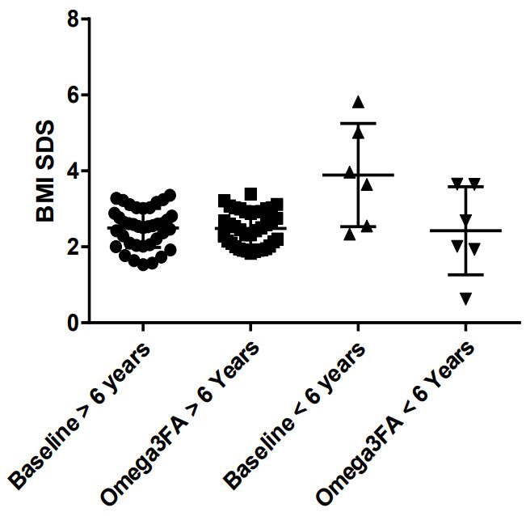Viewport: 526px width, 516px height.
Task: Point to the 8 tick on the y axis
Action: click(x=74, y=19)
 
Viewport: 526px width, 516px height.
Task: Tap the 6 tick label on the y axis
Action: click(x=74, y=95)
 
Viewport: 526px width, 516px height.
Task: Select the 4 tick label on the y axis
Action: click(x=74, y=171)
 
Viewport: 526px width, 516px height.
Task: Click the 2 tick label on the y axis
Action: click(x=74, y=247)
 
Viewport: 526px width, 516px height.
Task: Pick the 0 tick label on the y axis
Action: click(x=74, y=323)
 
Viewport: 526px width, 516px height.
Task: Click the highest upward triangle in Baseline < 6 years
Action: click(x=358, y=102)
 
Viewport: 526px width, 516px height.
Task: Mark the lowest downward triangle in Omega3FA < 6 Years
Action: click(x=465, y=299)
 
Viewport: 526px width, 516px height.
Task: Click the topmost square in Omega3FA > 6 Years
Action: click(x=250, y=193)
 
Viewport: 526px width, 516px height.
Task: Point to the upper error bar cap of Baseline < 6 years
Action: click(x=358, y=123)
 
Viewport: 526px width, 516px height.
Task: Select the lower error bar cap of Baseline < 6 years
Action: click(x=358, y=226)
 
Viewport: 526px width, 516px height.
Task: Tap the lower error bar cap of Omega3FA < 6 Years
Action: click(x=465, y=275)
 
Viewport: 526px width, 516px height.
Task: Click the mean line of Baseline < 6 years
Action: click(x=358, y=175)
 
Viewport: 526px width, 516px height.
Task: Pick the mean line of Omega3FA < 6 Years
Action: click(x=465, y=231)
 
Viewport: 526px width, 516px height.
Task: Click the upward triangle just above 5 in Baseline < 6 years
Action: click(x=358, y=132)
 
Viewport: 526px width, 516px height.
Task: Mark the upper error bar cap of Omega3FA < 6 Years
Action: click(x=465, y=187)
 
